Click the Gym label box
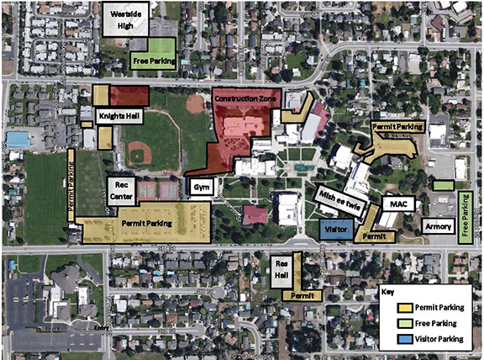click(198, 187)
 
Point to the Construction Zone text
click(245, 99)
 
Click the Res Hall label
click(282, 268)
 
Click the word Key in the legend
click(387, 292)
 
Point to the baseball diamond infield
click(139, 154)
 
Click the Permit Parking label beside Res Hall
click(303, 296)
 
